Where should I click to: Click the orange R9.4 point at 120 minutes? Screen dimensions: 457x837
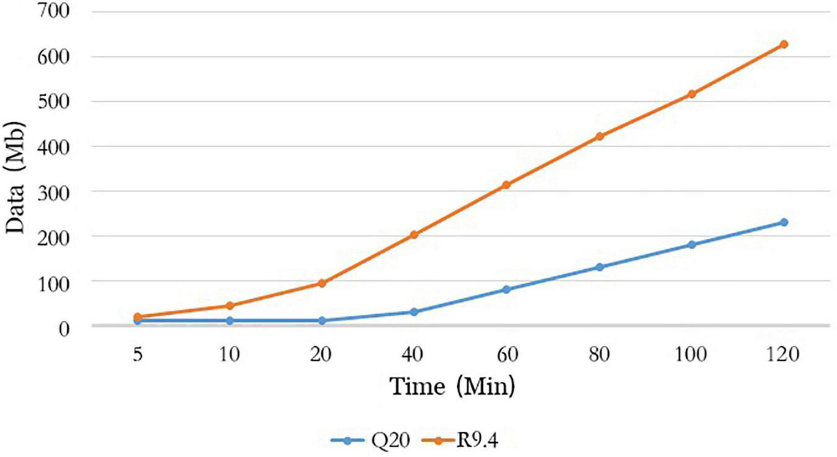(784, 44)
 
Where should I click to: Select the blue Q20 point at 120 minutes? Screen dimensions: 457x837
(784, 222)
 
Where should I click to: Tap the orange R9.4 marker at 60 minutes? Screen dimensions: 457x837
(506, 185)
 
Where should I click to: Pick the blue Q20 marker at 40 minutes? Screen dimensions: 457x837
(414, 312)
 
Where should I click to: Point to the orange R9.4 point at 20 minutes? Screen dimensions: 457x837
(322, 283)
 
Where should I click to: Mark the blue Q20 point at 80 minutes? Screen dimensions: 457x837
(599, 267)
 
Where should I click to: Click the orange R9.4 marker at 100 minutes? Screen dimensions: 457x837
(691, 94)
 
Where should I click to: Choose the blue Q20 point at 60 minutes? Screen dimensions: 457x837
(506, 290)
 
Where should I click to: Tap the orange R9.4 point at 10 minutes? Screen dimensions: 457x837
(229, 306)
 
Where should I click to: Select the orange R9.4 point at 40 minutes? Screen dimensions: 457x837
(414, 235)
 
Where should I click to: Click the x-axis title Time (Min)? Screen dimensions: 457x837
(452, 387)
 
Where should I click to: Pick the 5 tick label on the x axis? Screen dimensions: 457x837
(137, 355)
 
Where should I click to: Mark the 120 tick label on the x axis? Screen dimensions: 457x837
(784, 355)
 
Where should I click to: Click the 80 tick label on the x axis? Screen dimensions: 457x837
(599, 355)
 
